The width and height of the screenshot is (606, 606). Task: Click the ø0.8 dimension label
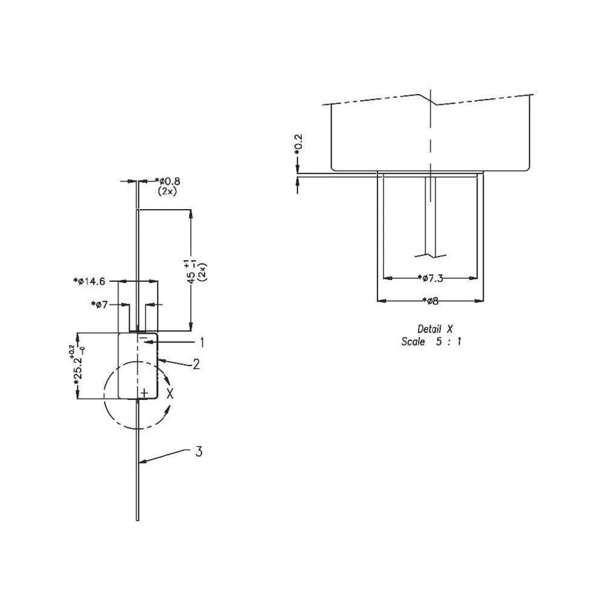pos(168,181)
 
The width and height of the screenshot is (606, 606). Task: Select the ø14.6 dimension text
pos(92,281)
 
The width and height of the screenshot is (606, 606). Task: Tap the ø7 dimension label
pos(99,304)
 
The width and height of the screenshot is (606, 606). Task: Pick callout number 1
pos(202,342)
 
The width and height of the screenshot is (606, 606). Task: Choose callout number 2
pos(196,364)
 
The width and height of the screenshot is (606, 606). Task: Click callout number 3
pos(198,451)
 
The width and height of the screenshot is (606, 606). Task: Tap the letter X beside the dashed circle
pos(170,393)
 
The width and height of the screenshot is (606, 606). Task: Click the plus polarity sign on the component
pos(143,393)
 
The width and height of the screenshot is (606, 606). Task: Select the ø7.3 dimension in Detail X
pos(431,278)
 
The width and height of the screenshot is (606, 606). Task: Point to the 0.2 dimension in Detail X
pos(298,145)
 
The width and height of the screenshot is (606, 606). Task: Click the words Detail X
pos(435,328)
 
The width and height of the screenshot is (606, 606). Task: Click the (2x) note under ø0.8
pos(168,190)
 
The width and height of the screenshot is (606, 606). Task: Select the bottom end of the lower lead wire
pos(138,518)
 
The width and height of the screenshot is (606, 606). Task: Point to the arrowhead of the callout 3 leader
pos(141,462)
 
